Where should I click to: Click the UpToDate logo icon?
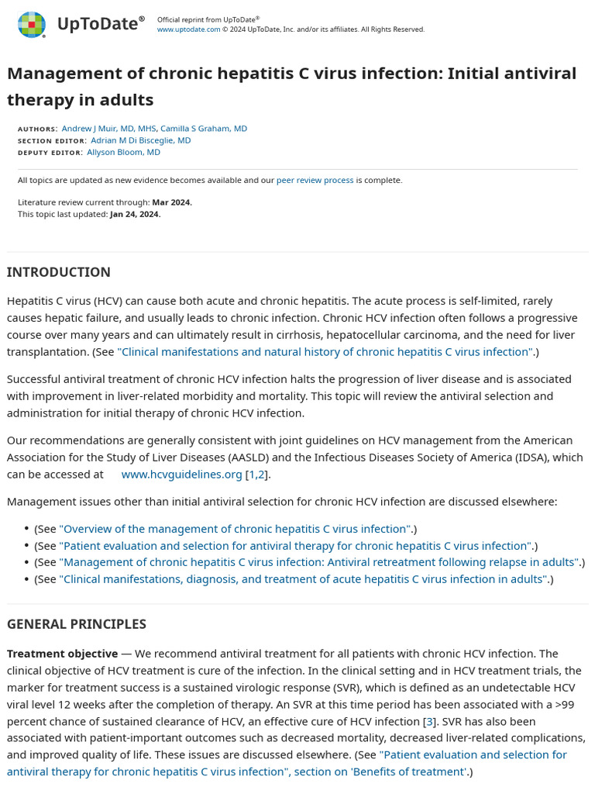tap(32, 25)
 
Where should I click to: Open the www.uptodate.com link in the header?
tap(188, 29)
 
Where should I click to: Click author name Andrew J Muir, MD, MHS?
tap(108, 129)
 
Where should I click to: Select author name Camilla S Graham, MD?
tap(204, 129)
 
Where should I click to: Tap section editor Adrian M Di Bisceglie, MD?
tap(140, 140)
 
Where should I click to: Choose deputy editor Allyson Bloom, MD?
tap(123, 152)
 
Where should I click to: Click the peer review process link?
tap(315, 180)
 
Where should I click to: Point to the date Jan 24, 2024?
tap(135, 214)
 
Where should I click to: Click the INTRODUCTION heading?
tap(58, 272)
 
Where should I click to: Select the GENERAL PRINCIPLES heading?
tap(76, 624)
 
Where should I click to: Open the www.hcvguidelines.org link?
tap(181, 475)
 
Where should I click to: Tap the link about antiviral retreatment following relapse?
tap(319, 562)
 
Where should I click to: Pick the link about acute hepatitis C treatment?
tap(304, 579)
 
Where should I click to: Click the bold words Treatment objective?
tap(62, 654)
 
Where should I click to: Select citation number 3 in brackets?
tap(429, 721)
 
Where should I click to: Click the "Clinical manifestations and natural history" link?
tap(325, 352)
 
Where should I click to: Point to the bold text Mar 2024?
tap(171, 202)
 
